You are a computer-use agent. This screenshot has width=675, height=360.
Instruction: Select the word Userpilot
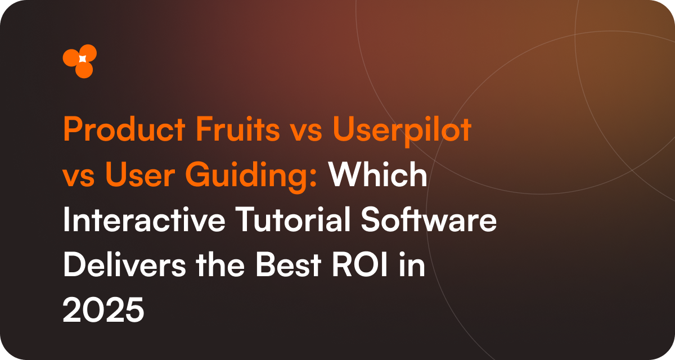401,131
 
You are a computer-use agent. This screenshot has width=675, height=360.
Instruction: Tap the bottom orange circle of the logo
84,70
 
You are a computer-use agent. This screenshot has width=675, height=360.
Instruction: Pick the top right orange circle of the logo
88,53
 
